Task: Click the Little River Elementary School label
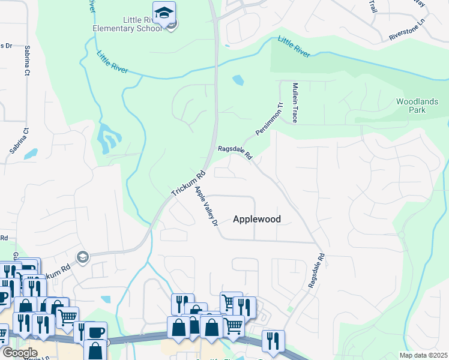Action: (127, 23)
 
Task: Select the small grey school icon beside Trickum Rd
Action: (82, 257)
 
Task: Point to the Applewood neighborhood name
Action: (256, 219)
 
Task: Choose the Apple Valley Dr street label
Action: (205, 208)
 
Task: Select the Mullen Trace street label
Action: (295, 103)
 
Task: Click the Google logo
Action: (20, 352)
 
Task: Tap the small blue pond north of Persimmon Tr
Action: (238, 79)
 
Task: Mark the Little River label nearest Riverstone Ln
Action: (294, 47)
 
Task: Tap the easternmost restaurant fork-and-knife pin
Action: (273, 340)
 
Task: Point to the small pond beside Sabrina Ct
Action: (30, 154)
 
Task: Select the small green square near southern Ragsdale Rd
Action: (290, 310)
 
